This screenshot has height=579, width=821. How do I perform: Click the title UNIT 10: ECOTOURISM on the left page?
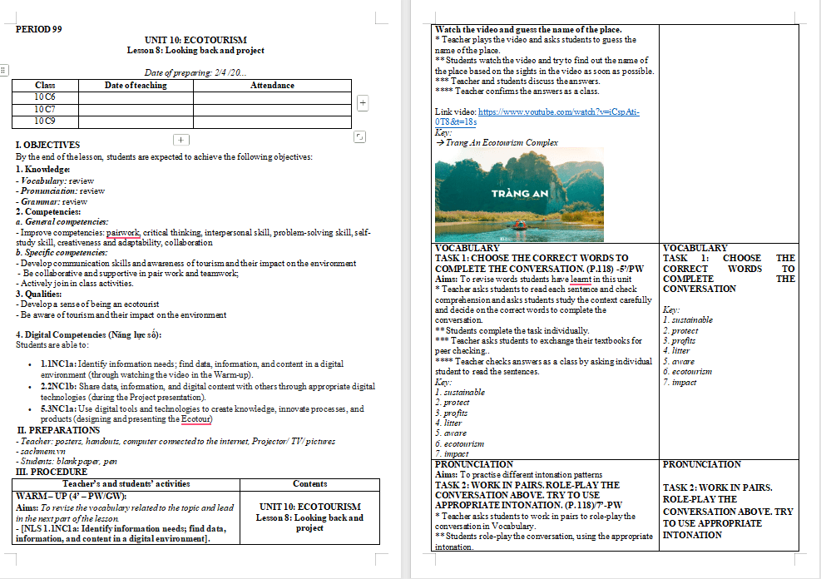[195, 40]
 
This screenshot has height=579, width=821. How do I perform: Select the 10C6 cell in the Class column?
[46, 97]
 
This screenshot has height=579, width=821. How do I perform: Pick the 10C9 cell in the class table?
[46, 121]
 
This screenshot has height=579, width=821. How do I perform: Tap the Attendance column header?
[272, 86]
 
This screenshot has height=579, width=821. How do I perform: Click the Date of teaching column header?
[136, 86]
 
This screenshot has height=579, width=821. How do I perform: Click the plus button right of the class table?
[363, 102]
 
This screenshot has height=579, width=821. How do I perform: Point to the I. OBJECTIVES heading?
[47, 145]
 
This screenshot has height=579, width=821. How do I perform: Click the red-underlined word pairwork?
[123, 233]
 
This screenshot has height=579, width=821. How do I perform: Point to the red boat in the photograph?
[518, 225]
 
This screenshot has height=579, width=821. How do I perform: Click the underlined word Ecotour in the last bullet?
[196, 419]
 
